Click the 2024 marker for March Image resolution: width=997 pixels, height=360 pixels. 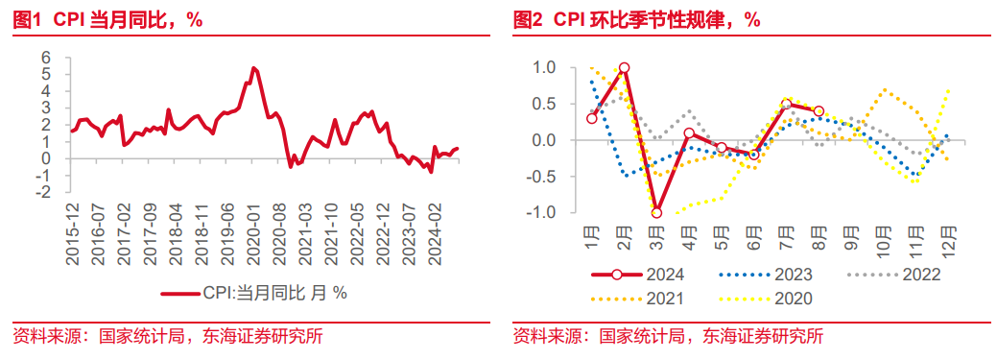click(656, 212)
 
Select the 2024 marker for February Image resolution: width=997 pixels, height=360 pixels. click(624, 67)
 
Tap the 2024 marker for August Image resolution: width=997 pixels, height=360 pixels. click(819, 111)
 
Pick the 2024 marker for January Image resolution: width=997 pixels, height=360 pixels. click(592, 118)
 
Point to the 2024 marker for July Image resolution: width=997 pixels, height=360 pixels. click(786, 105)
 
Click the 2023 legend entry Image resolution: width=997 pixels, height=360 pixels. click(766, 275)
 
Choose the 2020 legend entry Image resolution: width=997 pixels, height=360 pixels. click(766, 299)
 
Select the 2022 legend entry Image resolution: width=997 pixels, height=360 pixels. click(894, 275)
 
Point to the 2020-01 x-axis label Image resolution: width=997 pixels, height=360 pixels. click(252, 226)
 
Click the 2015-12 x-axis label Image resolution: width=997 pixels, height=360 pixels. click(74, 226)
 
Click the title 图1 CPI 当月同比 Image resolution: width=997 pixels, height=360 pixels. click(107, 20)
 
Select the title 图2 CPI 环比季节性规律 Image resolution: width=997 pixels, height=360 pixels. click(636, 20)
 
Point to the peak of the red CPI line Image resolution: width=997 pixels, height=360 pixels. click(253, 67)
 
